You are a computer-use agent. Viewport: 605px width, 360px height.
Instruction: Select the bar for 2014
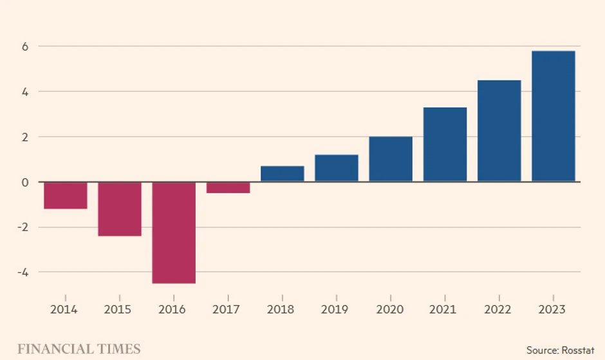[66, 195]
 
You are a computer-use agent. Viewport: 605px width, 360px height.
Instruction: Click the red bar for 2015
[120, 209]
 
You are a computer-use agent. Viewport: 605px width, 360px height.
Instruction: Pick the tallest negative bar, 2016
[174, 232]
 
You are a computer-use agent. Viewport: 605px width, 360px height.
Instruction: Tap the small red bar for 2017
[228, 187]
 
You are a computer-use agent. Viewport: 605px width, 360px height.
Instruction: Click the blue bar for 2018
[283, 174]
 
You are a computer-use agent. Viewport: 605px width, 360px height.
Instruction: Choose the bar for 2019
[337, 168]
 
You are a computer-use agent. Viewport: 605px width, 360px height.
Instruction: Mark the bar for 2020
[391, 159]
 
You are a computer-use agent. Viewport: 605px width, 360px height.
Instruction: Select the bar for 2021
[445, 144]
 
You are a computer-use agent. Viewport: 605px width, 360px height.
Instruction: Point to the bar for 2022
[499, 131]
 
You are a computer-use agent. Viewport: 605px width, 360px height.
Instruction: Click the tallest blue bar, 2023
[554, 116]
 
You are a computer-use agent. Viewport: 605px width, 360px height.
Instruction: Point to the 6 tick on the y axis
[25, 46]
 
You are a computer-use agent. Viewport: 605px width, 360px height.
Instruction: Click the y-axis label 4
[25, 91]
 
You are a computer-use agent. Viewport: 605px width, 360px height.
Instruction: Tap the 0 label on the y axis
[25, 182]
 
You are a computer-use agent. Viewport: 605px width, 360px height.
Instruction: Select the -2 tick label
[23, 227]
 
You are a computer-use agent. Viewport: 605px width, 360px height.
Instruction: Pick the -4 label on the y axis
[23, 272]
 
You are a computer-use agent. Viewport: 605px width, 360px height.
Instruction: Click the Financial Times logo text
[79, 349]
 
